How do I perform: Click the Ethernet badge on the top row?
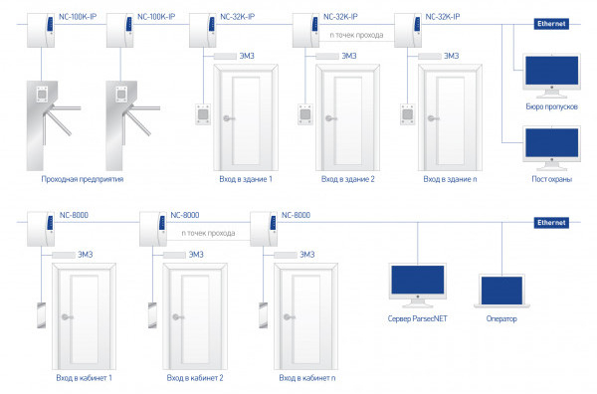click(x=551, y=24)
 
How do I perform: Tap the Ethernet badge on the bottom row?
click(x=551, y=223)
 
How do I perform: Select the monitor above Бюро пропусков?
click(x=551, y=76)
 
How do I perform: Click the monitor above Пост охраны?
click(x=551, y=147)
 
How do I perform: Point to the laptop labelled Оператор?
click(x=501, y=292)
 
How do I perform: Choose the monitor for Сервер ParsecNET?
click(x=418, y=286)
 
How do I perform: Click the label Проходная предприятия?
click(x=83, y=179)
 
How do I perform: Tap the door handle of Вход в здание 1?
click(x=229, y=118)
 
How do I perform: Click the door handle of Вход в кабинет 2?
click(x=177, y=317)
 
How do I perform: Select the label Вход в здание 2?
click(x=348, y=179)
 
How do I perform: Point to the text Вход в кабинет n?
click(x=307, y=378)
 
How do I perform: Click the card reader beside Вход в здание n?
click(x=407, y=114)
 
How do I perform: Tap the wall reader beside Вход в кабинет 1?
click(x=41, y=315)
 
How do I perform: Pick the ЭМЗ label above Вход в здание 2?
click(x=349, y=56)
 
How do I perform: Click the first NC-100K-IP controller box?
click(x=41, y=31)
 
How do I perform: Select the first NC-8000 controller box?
click(x=41, y=229)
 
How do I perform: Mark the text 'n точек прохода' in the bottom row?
click(x=208, y=233)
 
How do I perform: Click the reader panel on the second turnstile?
click(x=121, y=95)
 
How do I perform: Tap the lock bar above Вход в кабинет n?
click(x=286, y=255)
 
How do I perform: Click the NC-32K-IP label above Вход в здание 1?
click(x=238, y=17)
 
